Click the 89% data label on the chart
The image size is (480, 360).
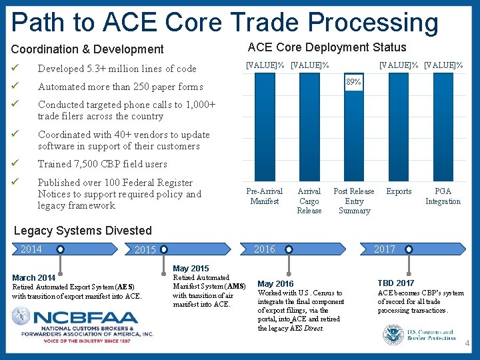coord(353,82)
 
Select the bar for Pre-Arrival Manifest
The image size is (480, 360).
coord(264,127)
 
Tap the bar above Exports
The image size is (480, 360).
coord(399,127)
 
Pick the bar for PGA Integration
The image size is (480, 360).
coord(443,127)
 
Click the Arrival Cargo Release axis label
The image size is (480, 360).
coord(309,201)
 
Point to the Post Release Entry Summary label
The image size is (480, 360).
coord(354,201)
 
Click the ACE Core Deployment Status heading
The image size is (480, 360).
coord(327,47)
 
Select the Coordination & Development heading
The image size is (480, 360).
coord(87,49)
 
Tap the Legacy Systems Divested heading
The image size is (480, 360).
coord(83,231)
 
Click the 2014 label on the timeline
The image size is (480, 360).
coord(31,249)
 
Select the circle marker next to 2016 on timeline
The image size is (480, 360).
coord(289,249)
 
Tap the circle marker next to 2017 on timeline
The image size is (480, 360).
coord(408,249)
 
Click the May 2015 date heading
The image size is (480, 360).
coord(191,268)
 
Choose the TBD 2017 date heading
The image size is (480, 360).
coord(396,283)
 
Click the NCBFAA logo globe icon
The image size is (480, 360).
coord(21,316)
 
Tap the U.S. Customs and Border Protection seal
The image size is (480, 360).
coord(393,335)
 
